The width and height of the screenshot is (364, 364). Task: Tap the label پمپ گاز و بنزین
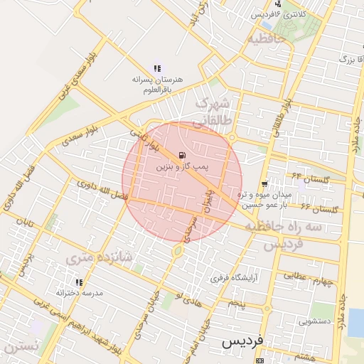pyautogui.click(x=183, y=166)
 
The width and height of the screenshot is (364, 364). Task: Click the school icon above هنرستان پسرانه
pyautogui.click(x=156, y=68)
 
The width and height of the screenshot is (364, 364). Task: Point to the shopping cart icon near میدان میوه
pyautogui.click(x=266, y=184)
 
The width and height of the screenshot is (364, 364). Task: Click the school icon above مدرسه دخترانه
pyautogui.click(x=58, y=291)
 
